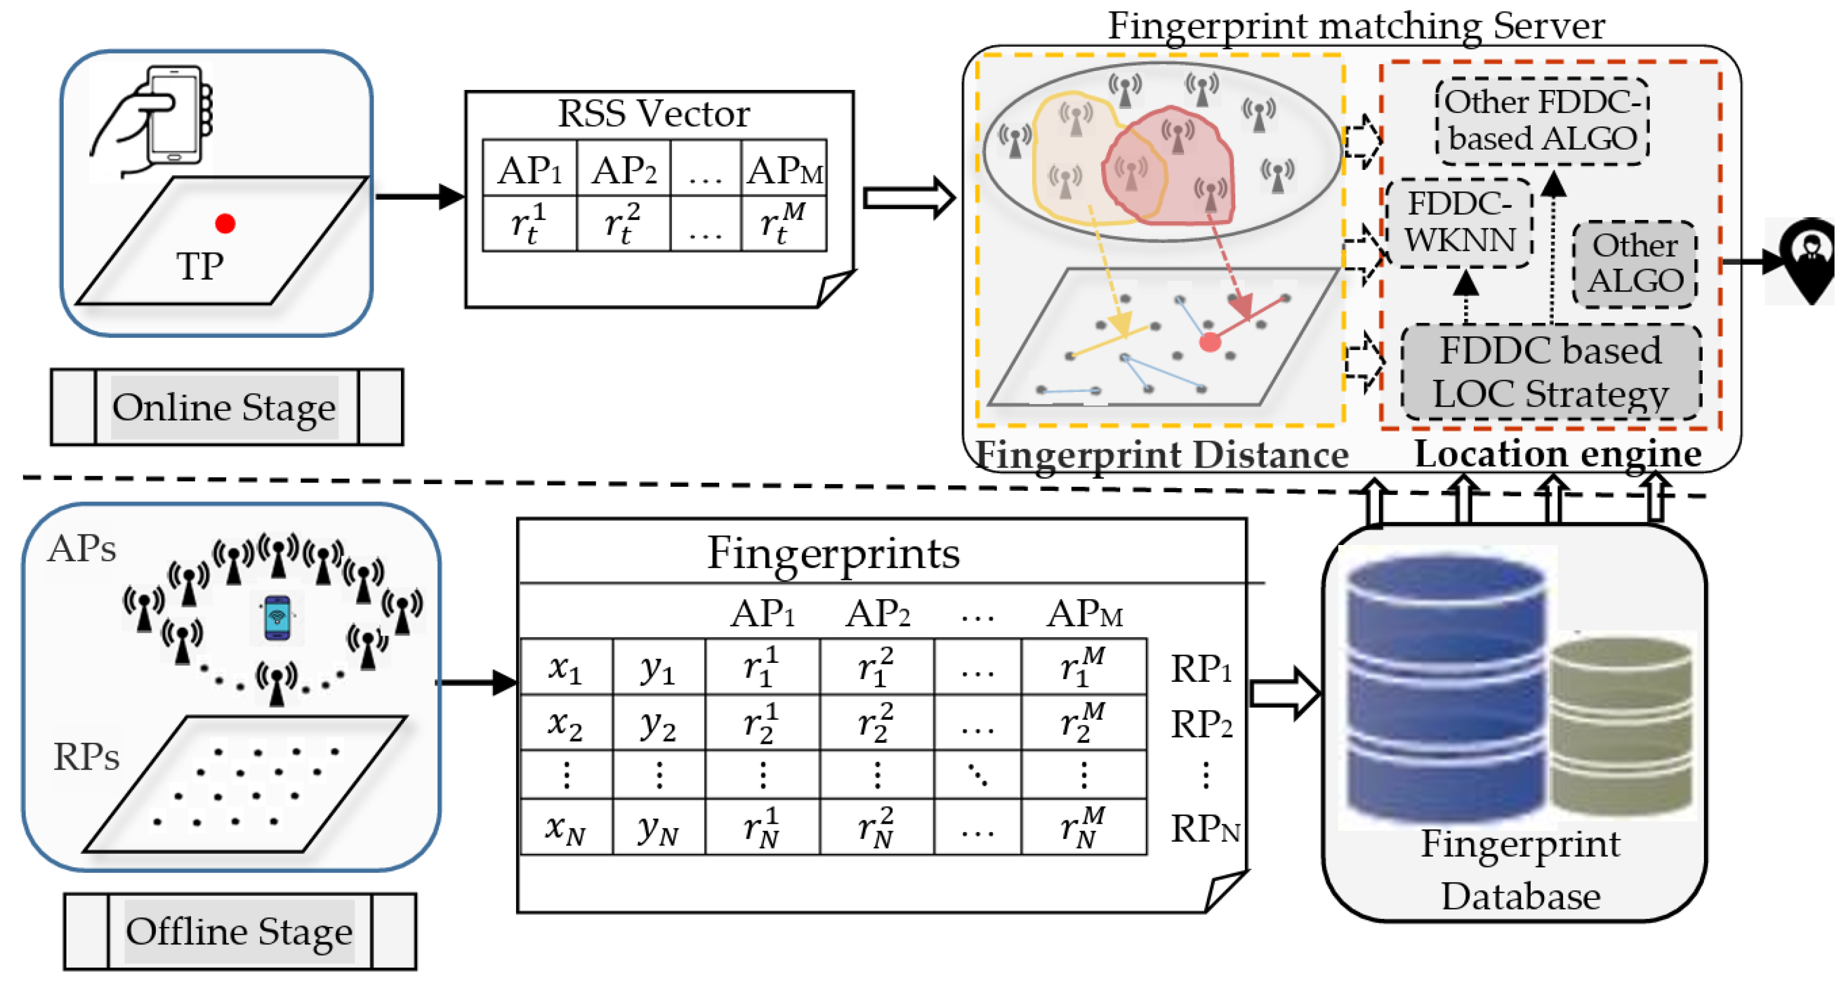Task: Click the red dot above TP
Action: click(224, 223)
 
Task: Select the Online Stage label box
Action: click(226, 407)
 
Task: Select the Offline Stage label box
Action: click(239, 931)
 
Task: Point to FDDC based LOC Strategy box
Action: click(1550, 372)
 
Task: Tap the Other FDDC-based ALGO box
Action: click(1542, 120)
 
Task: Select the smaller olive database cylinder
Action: click(1621, 727)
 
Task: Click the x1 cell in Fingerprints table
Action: click(566, 668)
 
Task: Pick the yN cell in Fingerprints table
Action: click(658, 828)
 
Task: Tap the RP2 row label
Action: click(1201, 724)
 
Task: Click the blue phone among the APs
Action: click(277, 617)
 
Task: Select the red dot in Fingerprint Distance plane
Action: click(1210, 342)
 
